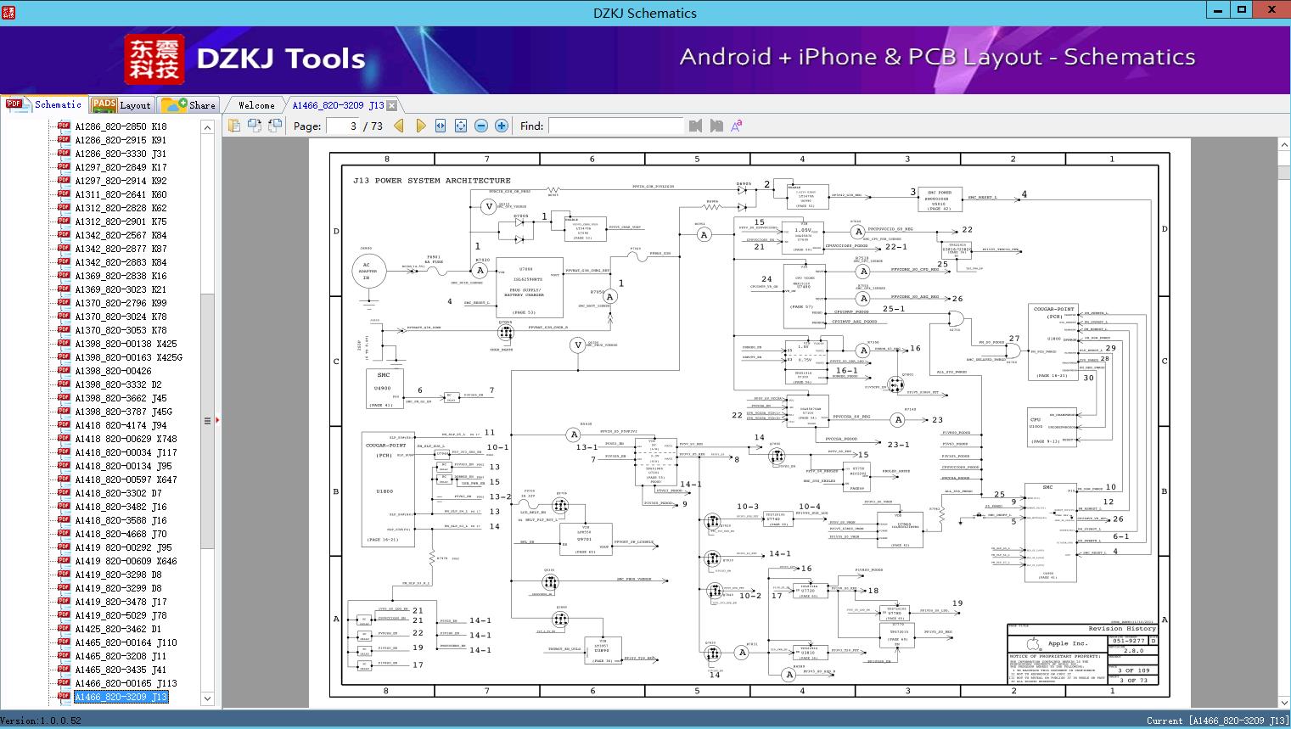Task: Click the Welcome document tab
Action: [x=256, y=105]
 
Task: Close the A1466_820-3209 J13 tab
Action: [x=391, y=106]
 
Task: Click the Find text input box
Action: [x=615, y=126]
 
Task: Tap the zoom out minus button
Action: [x=481, y=126]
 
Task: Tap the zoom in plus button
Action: [x=502, y=126]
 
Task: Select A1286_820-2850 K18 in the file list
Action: [x=121, y=126]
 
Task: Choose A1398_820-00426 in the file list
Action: [x=113, y=371]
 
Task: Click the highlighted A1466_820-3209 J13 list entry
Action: [x=121, y=697]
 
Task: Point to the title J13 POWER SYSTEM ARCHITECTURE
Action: [x=432, y=181]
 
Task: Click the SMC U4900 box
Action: [x=384, y=388]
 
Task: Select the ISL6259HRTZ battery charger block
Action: [x=529, y=287]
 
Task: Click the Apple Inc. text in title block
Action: [x=1068, y=643]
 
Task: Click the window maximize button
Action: [x=1242, y=10]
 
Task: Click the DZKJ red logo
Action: [x=154, y=59]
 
